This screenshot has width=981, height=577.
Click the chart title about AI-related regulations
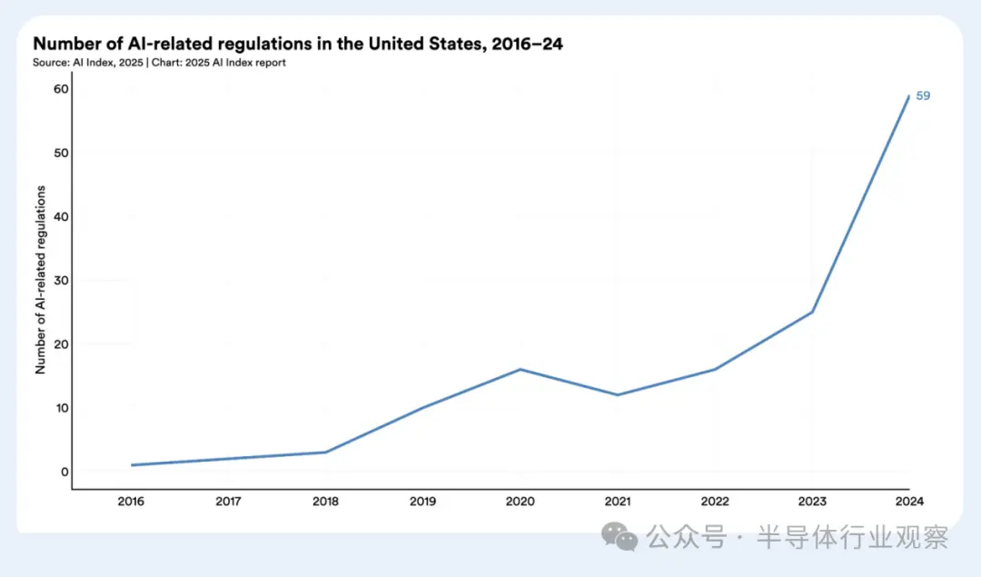coord(297,44)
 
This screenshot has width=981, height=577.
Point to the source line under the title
coord(159,63)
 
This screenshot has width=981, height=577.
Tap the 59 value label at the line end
coord(923,95)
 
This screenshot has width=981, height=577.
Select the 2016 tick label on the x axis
coord(131,502)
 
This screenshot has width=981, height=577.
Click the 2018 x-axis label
coord(325,502)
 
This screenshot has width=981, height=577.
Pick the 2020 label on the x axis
coord(520,502)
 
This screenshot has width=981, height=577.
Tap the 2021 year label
coord(618,502)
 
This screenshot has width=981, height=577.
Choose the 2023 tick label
coord(812,502)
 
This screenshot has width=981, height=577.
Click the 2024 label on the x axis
coord(909,502)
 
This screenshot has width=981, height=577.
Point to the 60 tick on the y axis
coord(61,89)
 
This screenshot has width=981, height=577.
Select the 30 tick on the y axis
coord(61,281)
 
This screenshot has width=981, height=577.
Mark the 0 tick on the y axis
coord(64,472)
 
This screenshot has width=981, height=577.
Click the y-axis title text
coord(41,280)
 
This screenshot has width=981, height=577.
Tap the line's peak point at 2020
coord(520,369)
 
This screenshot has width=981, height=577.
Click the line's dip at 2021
coord(618,394)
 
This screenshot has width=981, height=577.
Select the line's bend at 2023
coord(812,312)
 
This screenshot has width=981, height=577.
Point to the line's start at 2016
coord(132,465)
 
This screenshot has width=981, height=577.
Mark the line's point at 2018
coord(325,453)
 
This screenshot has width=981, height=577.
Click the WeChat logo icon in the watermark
coord(621,536)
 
